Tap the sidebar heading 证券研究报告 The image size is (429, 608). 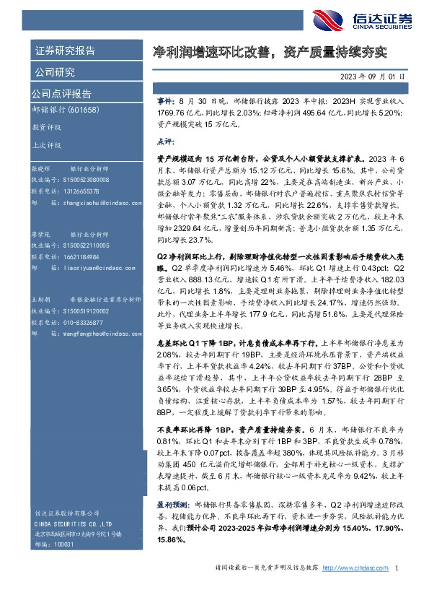point(64,51)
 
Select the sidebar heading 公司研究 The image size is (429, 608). point(55,72)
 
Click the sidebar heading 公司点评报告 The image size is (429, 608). point(61,94)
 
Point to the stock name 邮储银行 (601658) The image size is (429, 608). point(66,110)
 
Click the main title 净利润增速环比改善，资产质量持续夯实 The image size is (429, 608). point(270,52)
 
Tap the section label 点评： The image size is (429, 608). point(167,142)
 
